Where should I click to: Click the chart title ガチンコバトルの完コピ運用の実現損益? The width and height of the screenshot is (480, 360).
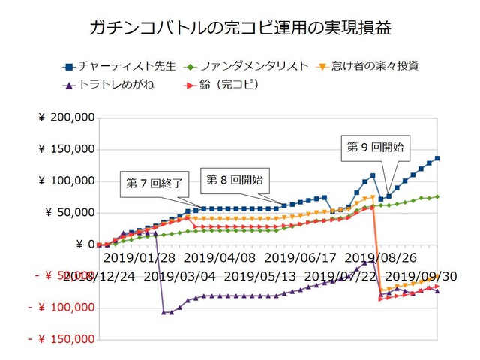(x=239, y=29)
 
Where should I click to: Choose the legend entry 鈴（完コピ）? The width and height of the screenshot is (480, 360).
(x=225, y=85)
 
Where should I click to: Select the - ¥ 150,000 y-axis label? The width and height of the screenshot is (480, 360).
(x=64, y=339)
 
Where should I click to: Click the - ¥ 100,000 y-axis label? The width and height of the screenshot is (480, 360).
(x=64, y=307)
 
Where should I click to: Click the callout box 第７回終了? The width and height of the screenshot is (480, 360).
(x=151, y=184)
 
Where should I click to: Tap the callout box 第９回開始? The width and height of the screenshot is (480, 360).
(x=376, y=147)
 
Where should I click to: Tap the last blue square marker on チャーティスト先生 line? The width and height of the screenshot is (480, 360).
(x=437, y=158)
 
